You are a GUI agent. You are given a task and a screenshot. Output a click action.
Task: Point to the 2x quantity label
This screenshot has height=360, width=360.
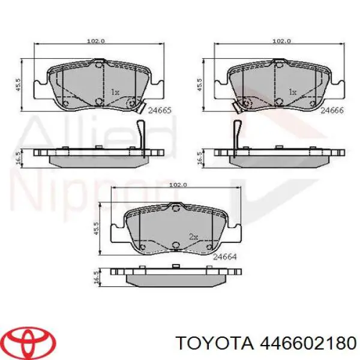click(193, 237)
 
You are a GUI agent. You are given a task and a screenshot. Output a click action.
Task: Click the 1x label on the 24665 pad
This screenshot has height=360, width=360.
click(116, 92)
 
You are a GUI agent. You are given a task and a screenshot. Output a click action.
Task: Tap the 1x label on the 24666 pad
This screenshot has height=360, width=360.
click(292, 92)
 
